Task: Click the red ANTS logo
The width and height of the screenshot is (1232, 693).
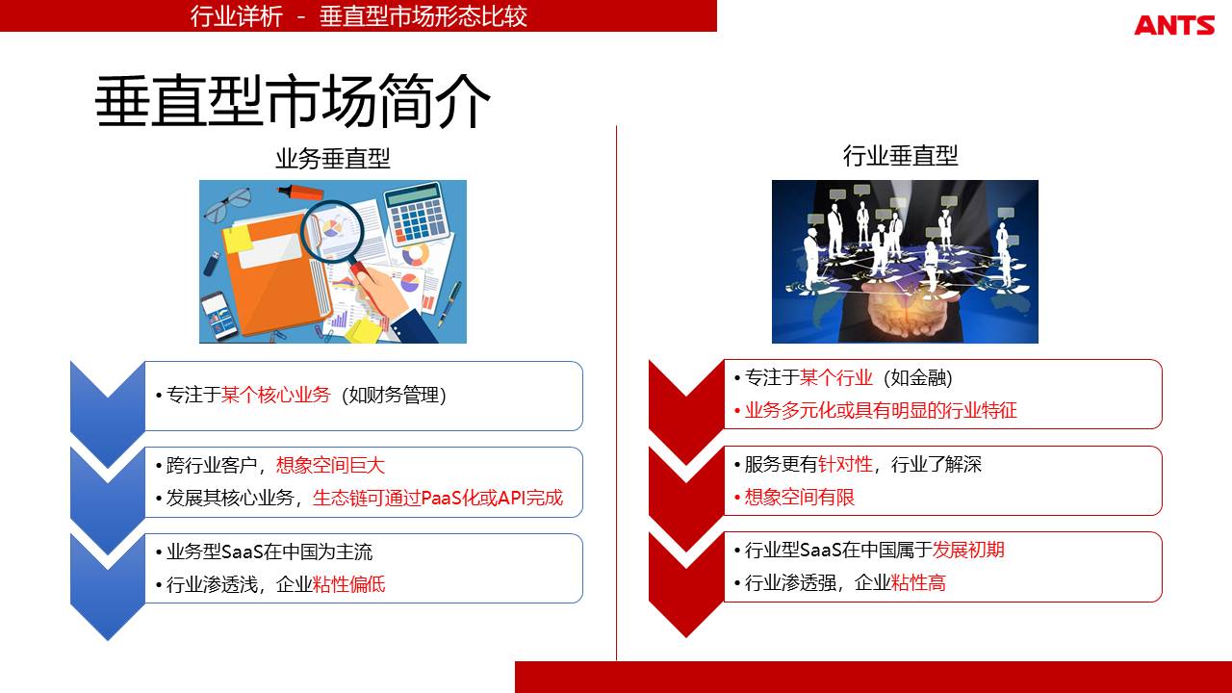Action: point(1174,25)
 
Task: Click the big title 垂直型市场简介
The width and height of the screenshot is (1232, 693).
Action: point(293,101)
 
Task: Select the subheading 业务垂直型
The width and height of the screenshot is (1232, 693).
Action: point(333,159)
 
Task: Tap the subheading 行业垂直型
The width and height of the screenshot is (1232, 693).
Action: point(900,156)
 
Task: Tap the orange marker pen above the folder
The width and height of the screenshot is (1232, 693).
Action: point(300,192)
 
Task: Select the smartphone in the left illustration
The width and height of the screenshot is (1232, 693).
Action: point(219,316)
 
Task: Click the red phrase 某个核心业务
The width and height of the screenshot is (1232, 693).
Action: point(275,395)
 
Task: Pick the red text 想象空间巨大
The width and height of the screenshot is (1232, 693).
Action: point(330,465)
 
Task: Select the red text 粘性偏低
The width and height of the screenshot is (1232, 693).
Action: point(348,584)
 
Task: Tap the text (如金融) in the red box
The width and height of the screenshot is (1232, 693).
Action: point(917,378)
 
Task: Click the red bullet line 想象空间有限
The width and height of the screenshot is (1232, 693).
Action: point(794,498)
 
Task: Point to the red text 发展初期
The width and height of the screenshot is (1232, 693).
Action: point(968,550)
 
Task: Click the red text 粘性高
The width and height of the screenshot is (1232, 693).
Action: point(918,582)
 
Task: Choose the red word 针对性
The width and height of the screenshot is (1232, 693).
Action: point(845,464)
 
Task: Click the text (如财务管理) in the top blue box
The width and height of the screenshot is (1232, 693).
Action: point(394,395)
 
